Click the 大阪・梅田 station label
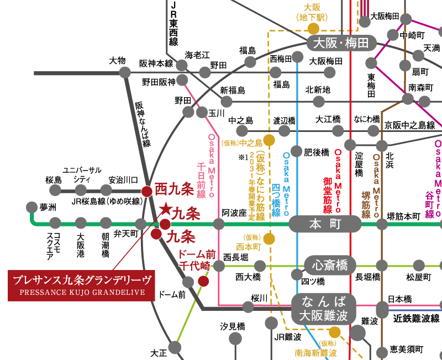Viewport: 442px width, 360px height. point(341,43)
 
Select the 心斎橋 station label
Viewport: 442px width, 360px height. point(330,265)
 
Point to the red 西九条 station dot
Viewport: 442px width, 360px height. point(146,192)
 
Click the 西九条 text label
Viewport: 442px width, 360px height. point(174,189)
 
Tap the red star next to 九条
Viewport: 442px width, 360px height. point(165,209)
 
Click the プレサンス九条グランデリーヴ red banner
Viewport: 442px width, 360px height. point(82,285)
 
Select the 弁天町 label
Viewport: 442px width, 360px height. point(126,234)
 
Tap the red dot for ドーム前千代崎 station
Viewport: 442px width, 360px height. point(203,281)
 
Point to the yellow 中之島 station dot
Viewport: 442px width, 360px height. point(269,140)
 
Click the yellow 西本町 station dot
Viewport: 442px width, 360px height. point(269,239)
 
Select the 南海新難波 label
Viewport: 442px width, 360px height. point(315,352)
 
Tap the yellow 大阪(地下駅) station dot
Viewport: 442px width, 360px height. point(313,28)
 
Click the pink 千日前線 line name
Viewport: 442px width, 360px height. point(201,179)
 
